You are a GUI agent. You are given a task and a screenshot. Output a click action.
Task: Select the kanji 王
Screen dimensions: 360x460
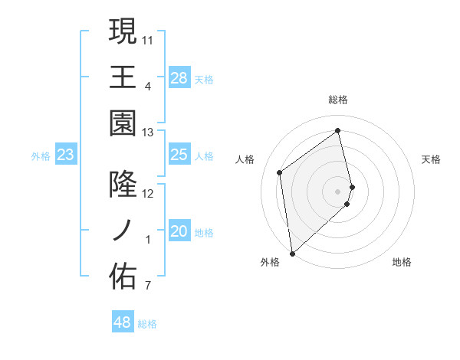(x=123, y=77)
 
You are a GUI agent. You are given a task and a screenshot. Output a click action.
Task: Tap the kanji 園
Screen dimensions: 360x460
(x=123, y=123)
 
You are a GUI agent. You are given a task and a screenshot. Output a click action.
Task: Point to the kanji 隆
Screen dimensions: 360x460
(x=123, y=185)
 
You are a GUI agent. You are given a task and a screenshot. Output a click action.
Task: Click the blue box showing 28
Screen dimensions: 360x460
(x=179, y=77)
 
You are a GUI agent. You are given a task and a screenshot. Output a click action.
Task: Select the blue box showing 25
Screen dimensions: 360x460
(x=179, y=155)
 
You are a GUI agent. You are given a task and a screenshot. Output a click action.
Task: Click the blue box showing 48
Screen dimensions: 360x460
(x=122, y=322)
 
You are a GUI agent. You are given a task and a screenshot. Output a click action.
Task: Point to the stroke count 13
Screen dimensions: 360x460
(x=148, y=133)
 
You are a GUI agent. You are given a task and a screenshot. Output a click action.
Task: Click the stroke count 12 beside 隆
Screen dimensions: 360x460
(x=148, y=194)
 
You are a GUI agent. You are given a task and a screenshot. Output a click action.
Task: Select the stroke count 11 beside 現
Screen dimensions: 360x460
(x=148, y=39)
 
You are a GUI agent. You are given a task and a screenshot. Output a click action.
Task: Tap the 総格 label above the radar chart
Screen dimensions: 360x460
(x=337, y=100)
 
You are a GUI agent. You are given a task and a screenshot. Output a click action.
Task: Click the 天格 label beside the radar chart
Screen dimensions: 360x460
(x=431, y=159)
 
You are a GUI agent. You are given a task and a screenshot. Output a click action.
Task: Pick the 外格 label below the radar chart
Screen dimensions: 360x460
(x=269, y=262)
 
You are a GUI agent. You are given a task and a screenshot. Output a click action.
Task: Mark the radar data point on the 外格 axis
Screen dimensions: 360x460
(x=292, y=252)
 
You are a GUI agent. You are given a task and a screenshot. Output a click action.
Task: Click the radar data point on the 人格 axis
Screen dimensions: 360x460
(x=280, y=172)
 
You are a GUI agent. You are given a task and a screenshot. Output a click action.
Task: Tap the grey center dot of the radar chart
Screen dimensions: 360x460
(x=337, y=191)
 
